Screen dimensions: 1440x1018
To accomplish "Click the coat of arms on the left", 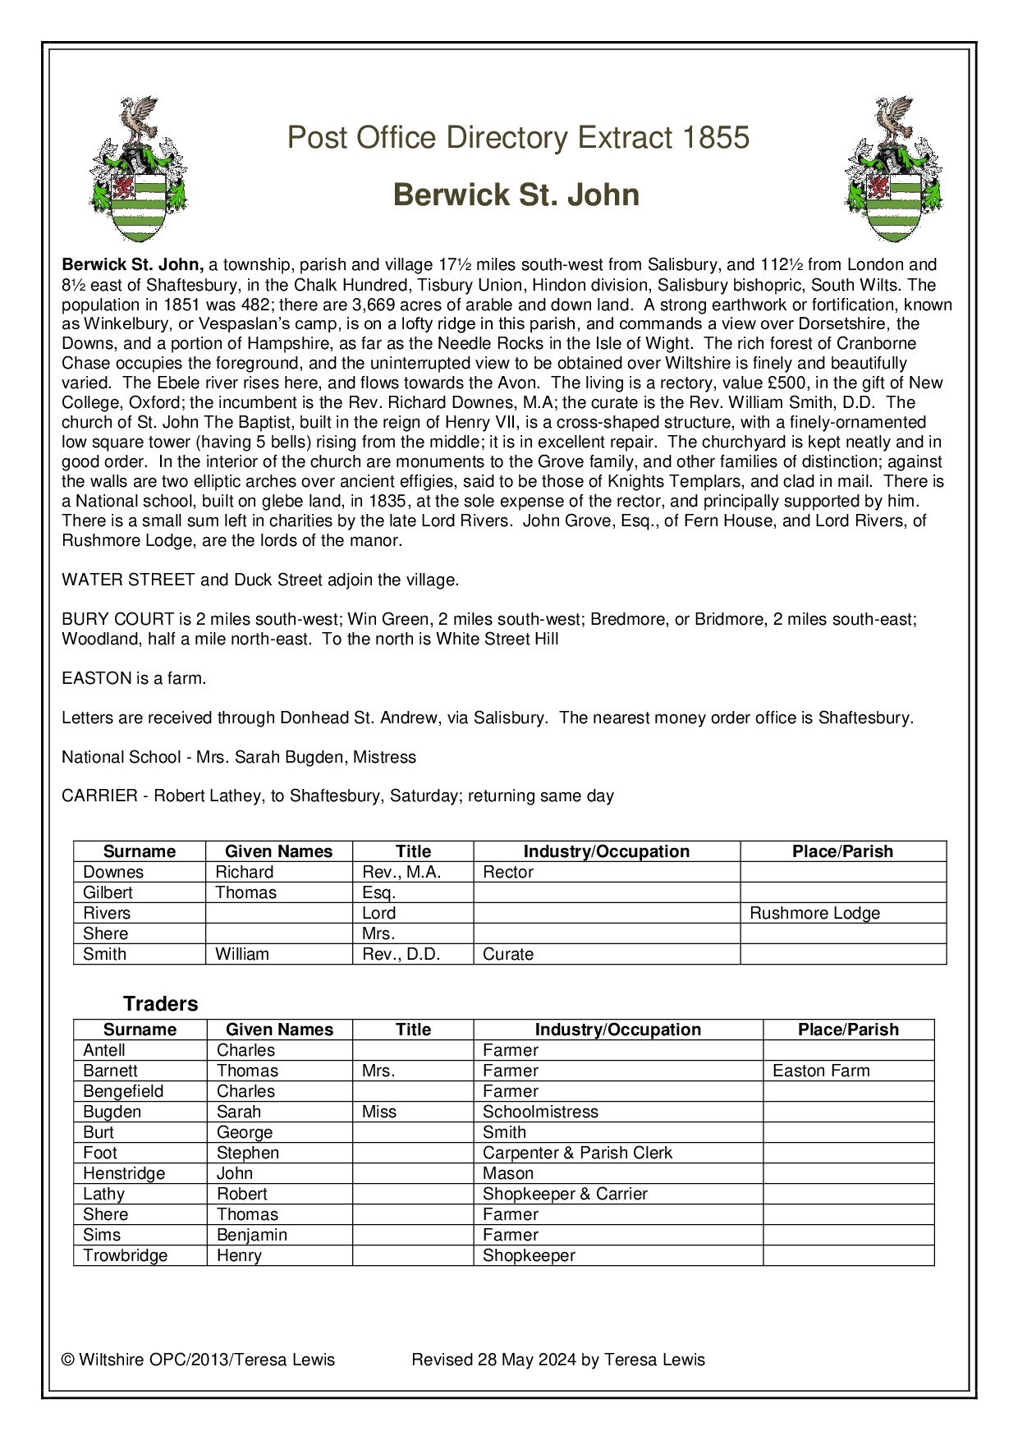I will tap(138, 170).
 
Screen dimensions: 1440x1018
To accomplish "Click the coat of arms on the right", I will tap(893, 170).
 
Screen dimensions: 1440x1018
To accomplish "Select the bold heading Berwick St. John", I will tap(516, 195).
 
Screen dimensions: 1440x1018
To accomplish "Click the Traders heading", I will tap(161, 1004).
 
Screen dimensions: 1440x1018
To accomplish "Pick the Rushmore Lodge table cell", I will tap(814, 913).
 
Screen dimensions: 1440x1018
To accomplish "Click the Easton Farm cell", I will tap(821, 1071).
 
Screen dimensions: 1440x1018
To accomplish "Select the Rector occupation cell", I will tap(508, 872).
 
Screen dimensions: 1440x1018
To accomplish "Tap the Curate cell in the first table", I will tap(508, 954).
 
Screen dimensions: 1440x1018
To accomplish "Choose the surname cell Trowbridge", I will tap(125, 1255).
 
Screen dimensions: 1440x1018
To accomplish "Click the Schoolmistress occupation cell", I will tap(540, 1112).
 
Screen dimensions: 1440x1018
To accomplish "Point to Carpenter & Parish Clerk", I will tap(577, 1153).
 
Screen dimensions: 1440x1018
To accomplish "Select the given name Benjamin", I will tap(252, 1235).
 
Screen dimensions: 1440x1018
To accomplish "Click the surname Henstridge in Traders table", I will tap(124, 1173).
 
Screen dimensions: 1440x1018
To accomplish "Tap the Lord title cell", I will tap(379, 913).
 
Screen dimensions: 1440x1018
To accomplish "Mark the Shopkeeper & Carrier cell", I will tap(565, 1194).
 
